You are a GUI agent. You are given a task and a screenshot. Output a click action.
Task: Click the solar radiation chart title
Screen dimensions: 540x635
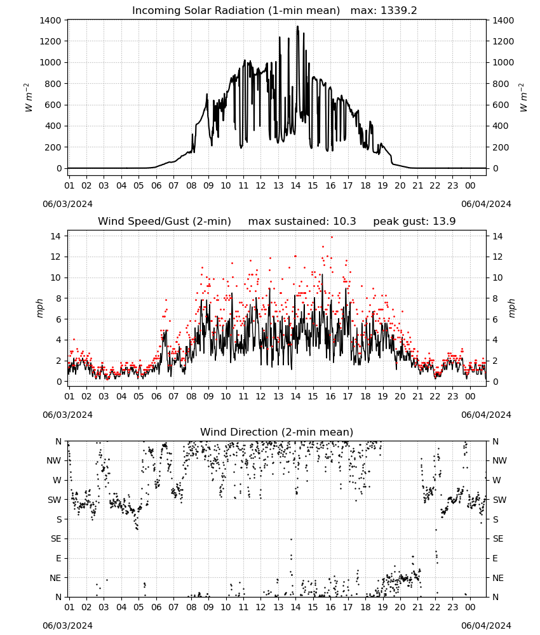pyautogui.click(x=236, y=10)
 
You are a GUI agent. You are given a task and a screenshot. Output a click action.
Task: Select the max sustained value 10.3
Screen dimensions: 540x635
pyautogui.click(x=344, y=221)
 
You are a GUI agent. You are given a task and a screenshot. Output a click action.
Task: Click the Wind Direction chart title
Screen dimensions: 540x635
pyautogui.click(x=277, y=432)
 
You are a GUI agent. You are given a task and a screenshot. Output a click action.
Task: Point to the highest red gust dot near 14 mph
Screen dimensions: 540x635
pyautogui.click(x=332, y=237)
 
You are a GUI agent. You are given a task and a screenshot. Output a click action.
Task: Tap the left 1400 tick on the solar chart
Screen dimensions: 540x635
pyautogui.click(x=51, y=20)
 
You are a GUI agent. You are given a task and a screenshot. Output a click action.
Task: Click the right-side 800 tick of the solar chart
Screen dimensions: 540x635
pyautogui.click(x=501, y=84)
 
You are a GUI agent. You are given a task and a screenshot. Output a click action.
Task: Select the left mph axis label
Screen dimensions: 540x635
pyautogui.click(x=39, y=308)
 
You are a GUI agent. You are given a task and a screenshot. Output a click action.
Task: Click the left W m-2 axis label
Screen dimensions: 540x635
pyautogui.click(x=28, y=98)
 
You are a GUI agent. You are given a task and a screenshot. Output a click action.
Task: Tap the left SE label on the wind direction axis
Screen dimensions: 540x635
pyautogui.click(x=57, y=538)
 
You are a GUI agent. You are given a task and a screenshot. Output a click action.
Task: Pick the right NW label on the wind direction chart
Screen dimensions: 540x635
pyautogui.click(x=499, y=460)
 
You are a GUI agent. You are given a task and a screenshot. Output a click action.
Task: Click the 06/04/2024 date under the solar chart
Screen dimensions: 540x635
pyautogui.click(x=486, y=204)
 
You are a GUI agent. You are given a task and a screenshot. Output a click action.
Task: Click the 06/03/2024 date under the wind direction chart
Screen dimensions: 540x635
pyautogui.click(x=67, y=625)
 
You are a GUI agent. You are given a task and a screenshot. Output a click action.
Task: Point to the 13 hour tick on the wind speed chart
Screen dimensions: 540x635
pyautogui.click(x=278, y=396)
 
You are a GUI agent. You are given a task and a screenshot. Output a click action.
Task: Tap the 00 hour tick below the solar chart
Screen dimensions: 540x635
pyautogui.click(x=470, y=185)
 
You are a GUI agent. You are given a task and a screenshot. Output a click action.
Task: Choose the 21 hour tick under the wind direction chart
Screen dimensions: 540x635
pyautogui.click(x=417, y=606)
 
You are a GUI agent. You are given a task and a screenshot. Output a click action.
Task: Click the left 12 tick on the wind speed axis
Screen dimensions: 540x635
pyautogui.click(x=56, y=257)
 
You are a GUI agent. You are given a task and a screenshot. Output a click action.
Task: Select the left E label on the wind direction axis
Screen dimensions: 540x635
pyautogui.click(x=58, y=558)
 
